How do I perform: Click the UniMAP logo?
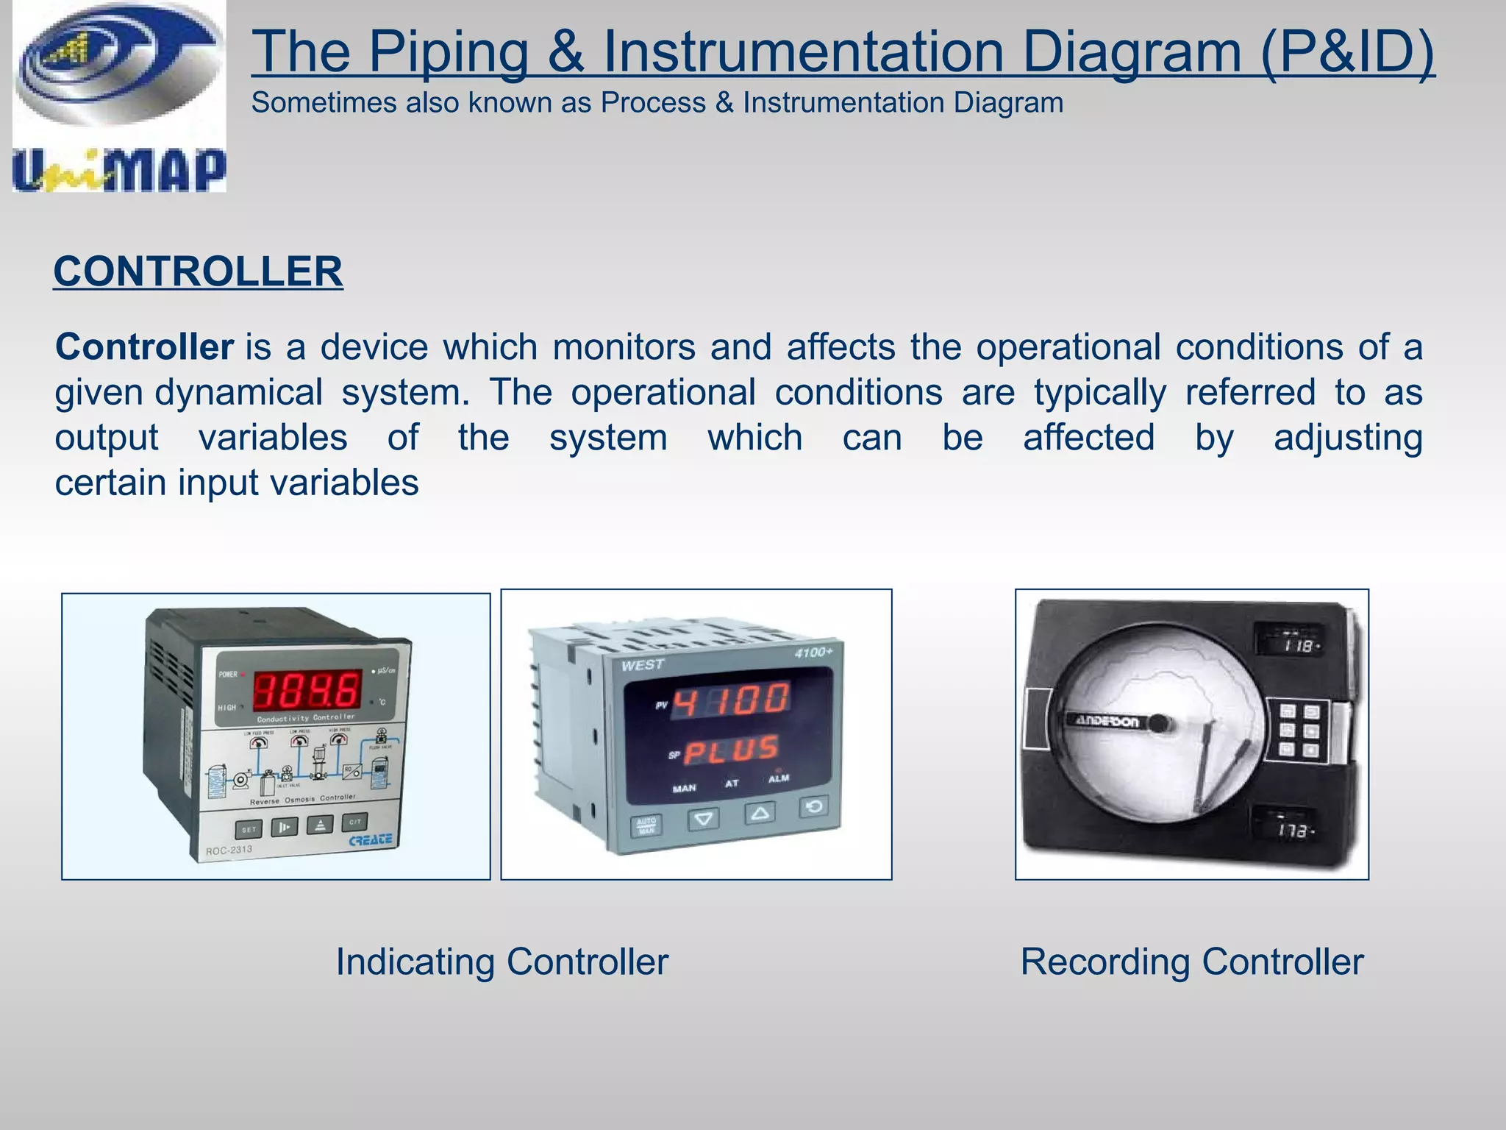pos(119,97)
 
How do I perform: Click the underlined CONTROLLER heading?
pos(198,271)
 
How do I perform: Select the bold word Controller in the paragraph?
pos(145,347)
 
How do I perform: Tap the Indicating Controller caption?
pos(502,962)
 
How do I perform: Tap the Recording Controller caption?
pos(1192,962)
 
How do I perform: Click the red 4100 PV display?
pos(732,700)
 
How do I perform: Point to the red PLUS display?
pos(732,750)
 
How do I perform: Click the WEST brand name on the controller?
pos(643,666)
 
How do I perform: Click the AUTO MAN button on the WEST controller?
pos(646,825)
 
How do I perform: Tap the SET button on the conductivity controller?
pos(249,830)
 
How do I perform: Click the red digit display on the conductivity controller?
pos(307,690)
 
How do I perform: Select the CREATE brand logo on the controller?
pos(370,840)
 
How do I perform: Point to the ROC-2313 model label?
pos(229,850)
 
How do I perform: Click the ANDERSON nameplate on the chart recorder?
pos(1107,721)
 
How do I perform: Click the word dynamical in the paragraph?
pos(239,392)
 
